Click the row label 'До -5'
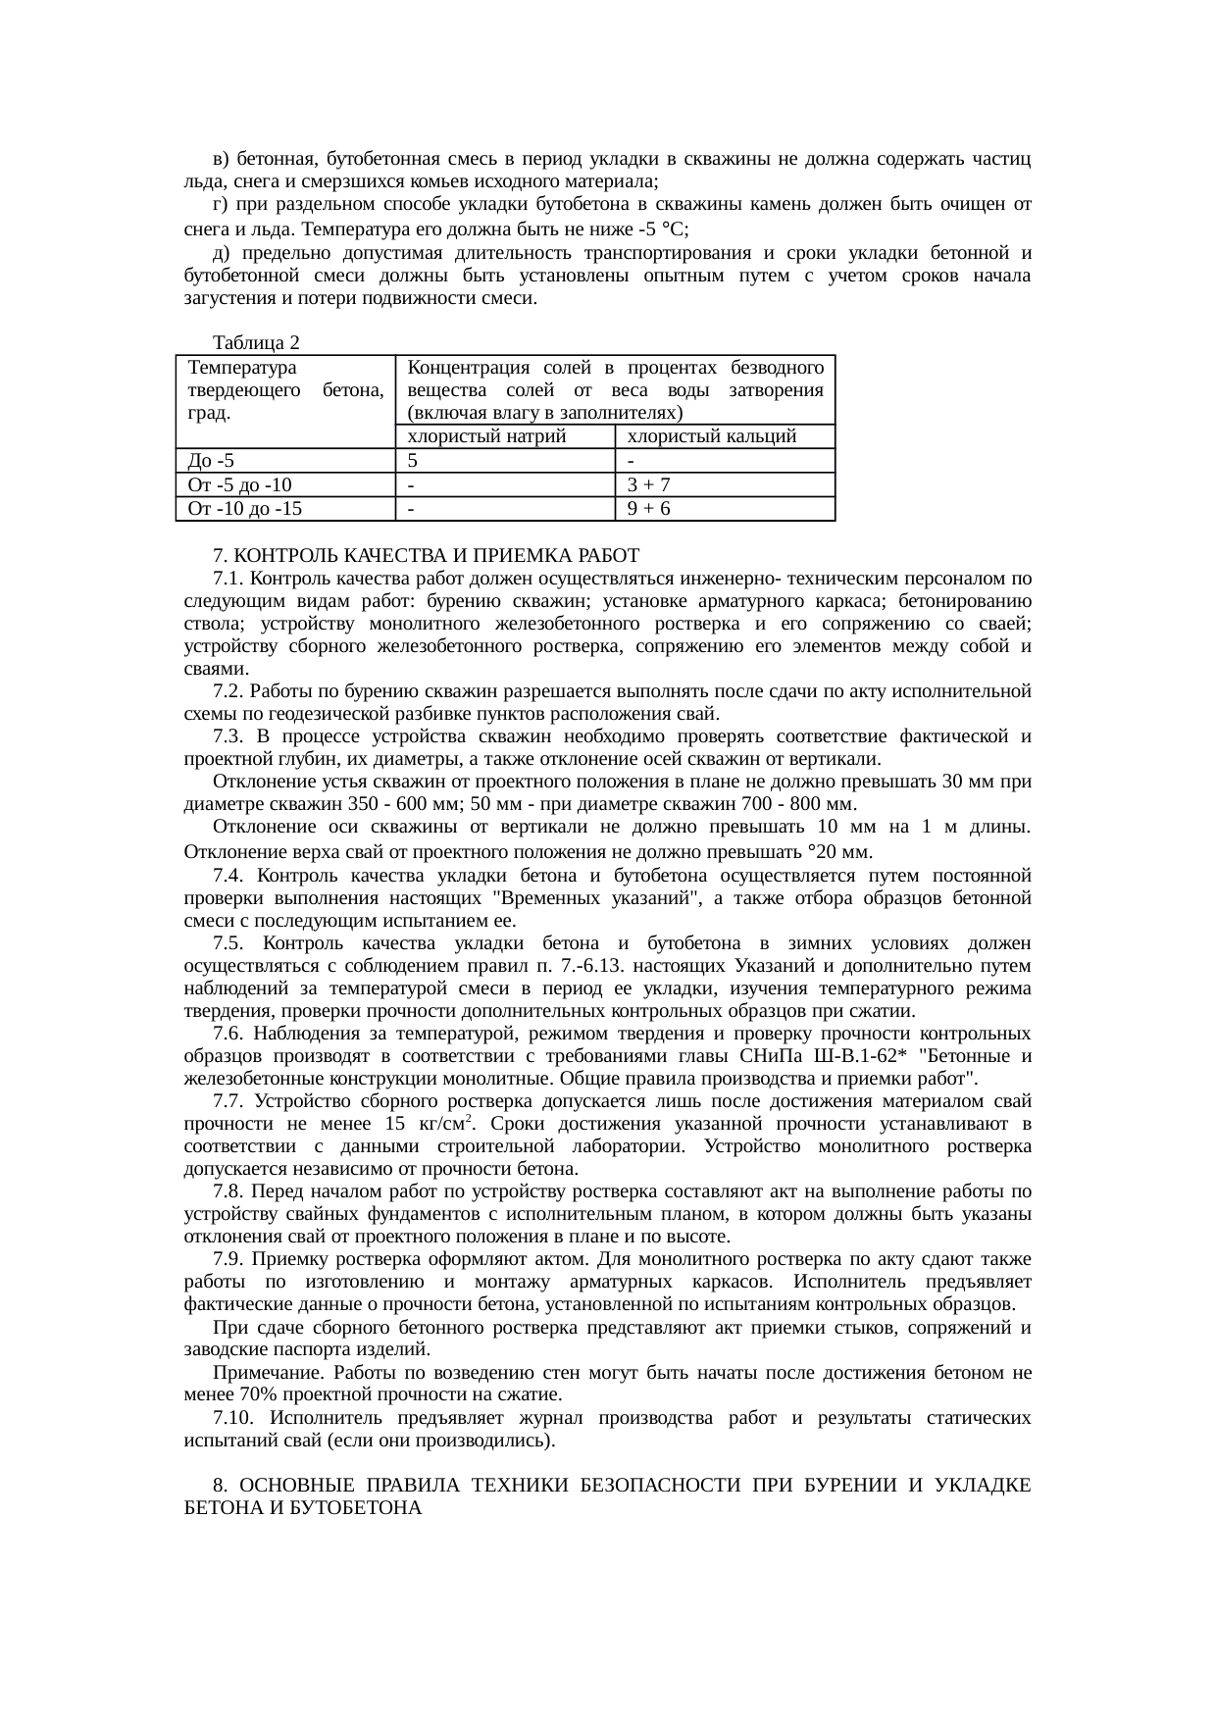click(x=211, y=460)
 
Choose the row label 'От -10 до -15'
click(x=244, y=508)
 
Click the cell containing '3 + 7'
click(x=648, y=484)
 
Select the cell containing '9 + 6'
click(x=648, y=508)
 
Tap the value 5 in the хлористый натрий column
click(x=413, y=460)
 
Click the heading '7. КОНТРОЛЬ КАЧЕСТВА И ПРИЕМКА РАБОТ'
click(x=426, y=556)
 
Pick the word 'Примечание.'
click(x=259, y=1373)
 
